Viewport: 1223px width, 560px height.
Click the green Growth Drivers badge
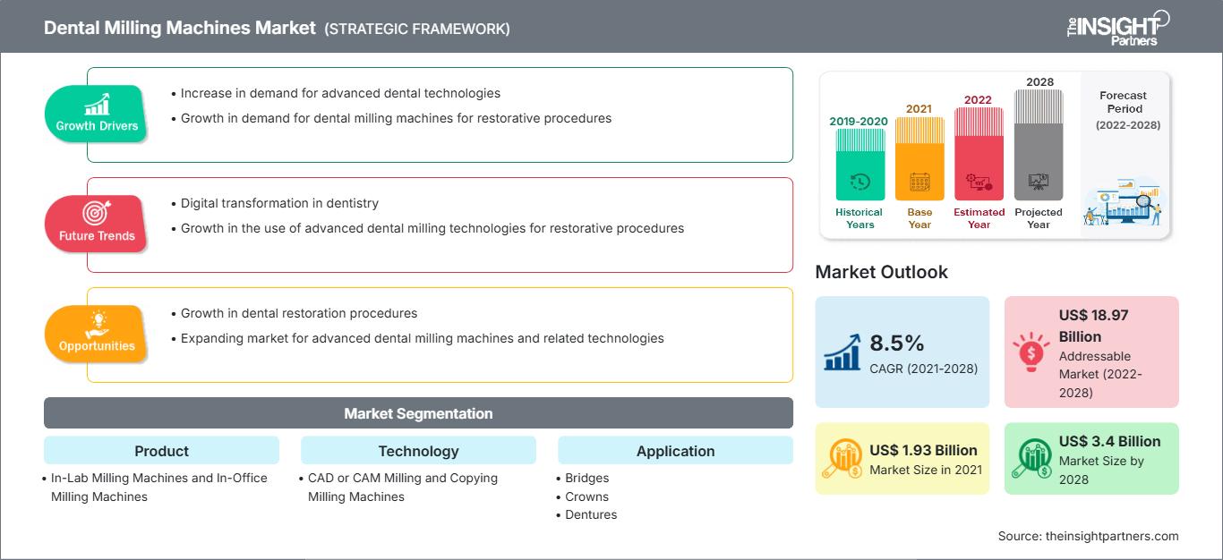[x=96, y=113]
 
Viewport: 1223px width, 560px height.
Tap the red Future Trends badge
[x=96, y=223]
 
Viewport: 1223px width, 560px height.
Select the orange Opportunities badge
[x=96, y=333]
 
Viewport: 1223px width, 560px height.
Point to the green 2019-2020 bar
[x=860, y=165]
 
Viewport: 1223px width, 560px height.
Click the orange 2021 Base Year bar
[x=919, y=159]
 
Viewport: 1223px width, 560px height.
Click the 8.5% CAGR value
[x=896, y=344]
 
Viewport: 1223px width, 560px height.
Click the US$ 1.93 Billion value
[x=923, y=450]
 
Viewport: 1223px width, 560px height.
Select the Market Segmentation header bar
[x=418, y=413]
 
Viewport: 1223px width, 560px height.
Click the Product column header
[x=161, y=451]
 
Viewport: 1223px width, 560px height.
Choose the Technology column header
[x=418, y=451]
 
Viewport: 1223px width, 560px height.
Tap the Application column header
[x=675, y=451]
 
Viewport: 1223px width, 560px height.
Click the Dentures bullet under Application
[x=591, y=514]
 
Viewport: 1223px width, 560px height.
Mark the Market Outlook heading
[x=881, y=272]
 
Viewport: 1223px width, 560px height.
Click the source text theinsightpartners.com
[x=1088, y=536]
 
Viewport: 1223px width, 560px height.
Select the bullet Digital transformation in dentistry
[x=279, y=203]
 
